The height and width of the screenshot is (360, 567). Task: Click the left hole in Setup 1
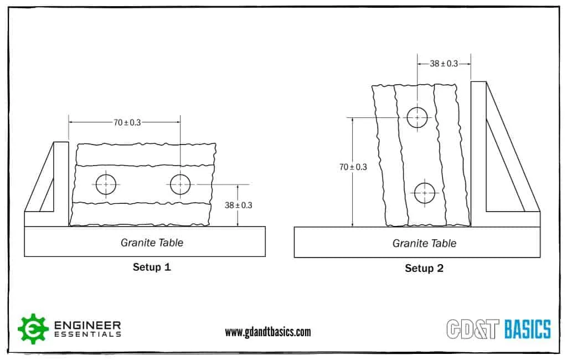105,184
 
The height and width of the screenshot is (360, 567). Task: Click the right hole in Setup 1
180,184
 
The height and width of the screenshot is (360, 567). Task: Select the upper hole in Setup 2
417,117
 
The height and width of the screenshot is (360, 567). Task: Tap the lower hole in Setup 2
425,192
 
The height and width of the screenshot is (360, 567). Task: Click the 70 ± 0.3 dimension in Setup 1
127,122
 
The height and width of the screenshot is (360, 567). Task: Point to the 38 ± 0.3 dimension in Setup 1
239,205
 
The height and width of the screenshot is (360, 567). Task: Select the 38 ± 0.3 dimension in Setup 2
444,64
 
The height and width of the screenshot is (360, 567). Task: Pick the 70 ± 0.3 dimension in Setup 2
353,166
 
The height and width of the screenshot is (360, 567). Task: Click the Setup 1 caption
152,267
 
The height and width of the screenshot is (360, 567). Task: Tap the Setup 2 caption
424,269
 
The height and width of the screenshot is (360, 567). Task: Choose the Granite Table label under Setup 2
424,243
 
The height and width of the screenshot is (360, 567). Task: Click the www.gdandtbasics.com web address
267,332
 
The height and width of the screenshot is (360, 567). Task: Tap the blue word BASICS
528,329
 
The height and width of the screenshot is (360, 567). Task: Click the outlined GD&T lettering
474,329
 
